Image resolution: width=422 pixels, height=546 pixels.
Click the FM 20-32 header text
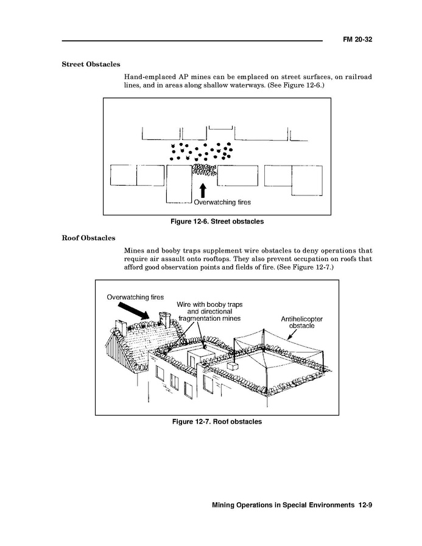tap(357, 40)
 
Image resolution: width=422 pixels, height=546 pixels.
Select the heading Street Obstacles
tap(91, 64)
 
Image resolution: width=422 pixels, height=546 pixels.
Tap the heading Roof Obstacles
tap(88, 237)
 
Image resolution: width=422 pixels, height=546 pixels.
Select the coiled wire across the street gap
tap(203, 169)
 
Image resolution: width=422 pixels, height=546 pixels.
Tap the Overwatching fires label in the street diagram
tap(222, 201)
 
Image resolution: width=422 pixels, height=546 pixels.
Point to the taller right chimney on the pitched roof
tap(163, 320)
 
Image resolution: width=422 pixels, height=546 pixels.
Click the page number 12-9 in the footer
tap(365, 505)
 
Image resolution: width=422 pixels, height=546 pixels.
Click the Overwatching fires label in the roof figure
tap(135, 297)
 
